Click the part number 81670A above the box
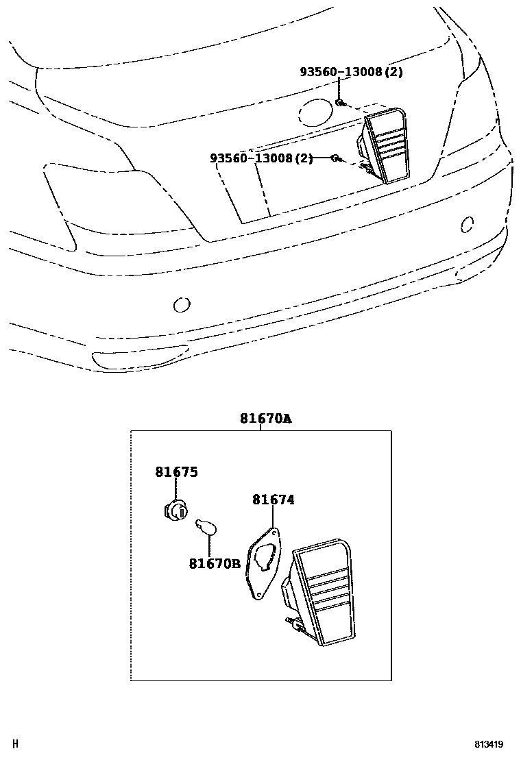click(265, 419)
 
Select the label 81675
click(176, 472)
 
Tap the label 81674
click(273, 500)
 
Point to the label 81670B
click(215, 563)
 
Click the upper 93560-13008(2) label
click(350, 71)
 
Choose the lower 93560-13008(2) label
click(261, 158)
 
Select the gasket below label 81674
click(261, 565)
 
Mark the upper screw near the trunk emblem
click(340, 103)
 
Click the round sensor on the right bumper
click(466, 224)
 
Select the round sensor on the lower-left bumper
click(181, 304)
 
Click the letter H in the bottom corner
click(16, 743)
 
